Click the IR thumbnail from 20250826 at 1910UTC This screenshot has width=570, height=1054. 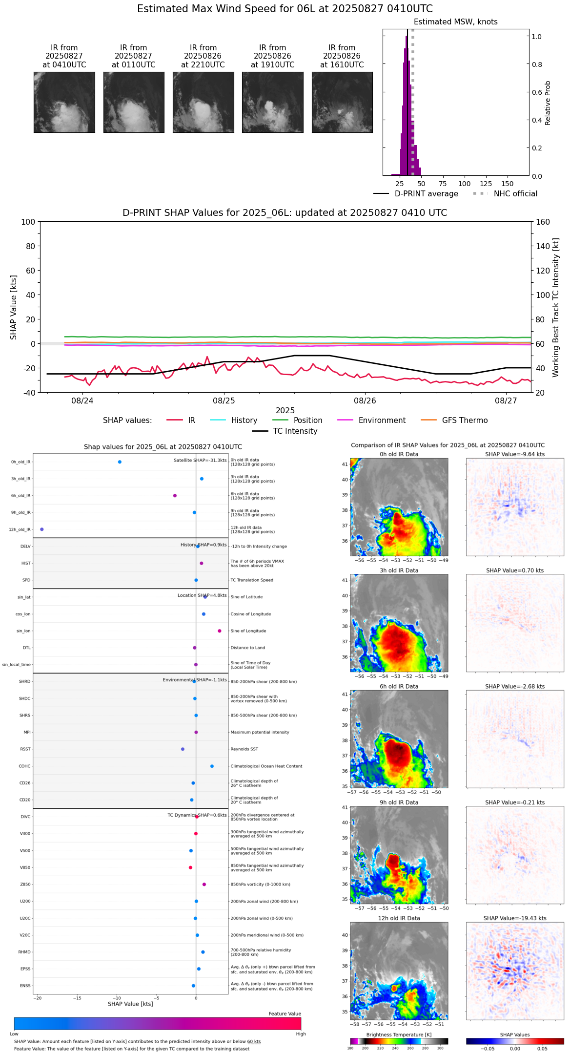[272, 102]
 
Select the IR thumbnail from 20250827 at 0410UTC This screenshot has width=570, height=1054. [64, 102]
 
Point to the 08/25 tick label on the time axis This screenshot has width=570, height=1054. [224, 401]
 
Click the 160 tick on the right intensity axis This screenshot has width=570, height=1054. [543, 222]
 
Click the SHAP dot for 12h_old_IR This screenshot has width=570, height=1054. [42, 529]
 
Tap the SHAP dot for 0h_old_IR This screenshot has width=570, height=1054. [120, 462]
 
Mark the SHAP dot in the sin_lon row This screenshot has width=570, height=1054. [220, 631]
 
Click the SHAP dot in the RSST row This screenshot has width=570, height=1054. [183, 749]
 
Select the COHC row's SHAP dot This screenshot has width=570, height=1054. [212, 766]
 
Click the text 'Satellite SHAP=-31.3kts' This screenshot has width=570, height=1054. [200, 461]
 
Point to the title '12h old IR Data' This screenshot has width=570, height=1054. [399, 918]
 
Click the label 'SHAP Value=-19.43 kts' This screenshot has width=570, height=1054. [515, 918]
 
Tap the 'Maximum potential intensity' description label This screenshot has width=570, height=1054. [260, 732]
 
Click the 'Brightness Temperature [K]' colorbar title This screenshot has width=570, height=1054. [399, 1034]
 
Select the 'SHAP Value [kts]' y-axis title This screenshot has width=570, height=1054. [14, 307]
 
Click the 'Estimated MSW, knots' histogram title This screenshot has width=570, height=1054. [456, 22]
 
